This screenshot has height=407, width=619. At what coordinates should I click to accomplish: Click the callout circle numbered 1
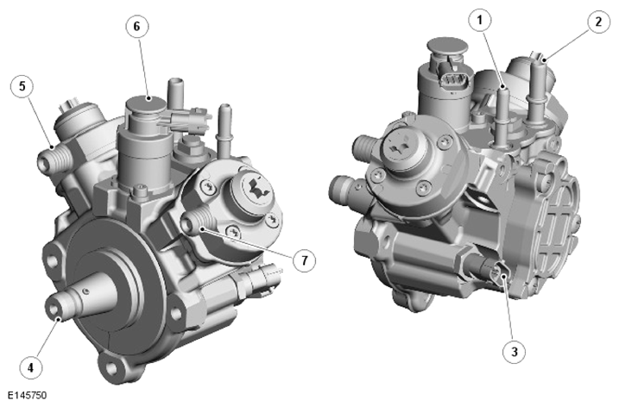(480, 20)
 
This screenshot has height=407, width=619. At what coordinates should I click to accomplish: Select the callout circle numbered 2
(598, 22)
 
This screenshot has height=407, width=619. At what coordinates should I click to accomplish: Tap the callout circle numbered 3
(514, 352)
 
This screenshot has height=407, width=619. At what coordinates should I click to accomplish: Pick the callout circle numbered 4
(30, 367)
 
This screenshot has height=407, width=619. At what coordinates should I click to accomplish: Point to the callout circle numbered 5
(22, 86)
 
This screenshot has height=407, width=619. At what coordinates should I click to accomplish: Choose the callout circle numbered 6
(137, 27)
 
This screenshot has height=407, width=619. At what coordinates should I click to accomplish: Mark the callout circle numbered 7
(304, 260)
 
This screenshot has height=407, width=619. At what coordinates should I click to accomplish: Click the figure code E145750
(28, 395)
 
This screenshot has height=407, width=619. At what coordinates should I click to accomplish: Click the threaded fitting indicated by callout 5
(54, 158)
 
